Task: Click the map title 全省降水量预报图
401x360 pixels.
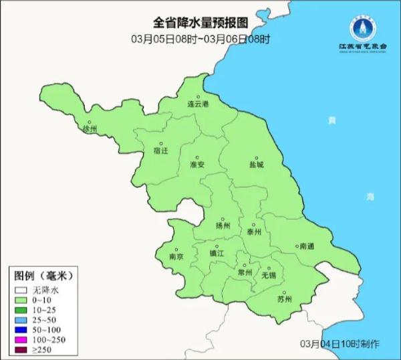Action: [200, 24]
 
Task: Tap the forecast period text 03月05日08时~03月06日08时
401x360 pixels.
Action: [200, 39]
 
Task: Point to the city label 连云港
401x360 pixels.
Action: [198, 105]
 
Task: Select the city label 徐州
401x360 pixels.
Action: [90, 128]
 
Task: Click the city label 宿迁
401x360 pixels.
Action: [161, 151]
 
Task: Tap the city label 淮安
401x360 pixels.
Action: [197, 165]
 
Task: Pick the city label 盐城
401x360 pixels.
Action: [256, 165]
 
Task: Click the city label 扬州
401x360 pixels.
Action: [223, 226]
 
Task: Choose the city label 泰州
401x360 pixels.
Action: [254, 232]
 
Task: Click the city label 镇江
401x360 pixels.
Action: [217, 254]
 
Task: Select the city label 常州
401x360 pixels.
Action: [245, 273]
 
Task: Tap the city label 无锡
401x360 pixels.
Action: [269, 274]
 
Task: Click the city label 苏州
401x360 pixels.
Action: [284, 299]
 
